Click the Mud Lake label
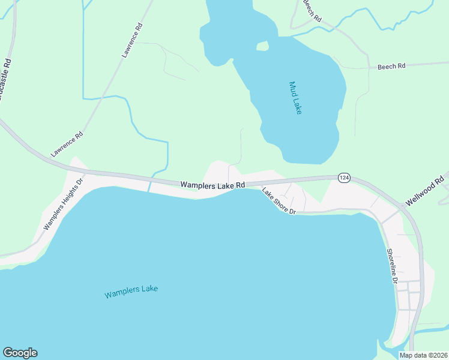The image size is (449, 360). (294, 98)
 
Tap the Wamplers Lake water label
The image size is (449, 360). (131, 292)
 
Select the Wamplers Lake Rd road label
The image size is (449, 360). (213, 186)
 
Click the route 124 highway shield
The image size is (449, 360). (344, 178)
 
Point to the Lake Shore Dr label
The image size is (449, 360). (279, 201)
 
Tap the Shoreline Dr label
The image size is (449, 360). (392, 266)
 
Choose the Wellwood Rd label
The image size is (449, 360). (424, 191)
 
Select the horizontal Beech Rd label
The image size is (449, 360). (391, 67)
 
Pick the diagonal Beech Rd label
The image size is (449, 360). (312, 11)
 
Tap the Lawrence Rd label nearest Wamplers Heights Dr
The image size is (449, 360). (66, 145)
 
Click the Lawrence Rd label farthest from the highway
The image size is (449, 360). (133, 40)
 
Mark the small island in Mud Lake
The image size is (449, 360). (262, 46)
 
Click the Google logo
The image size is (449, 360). (20, 353)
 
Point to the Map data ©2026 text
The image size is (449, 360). (423, 355)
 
